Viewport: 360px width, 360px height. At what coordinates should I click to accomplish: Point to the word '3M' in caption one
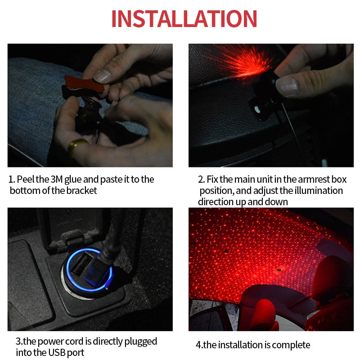pos(53,179)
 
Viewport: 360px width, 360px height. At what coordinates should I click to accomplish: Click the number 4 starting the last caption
pos(198,345)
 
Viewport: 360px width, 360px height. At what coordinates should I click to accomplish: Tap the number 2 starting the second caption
pos(201,179)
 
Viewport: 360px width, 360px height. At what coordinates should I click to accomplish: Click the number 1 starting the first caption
pos(11,179)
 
